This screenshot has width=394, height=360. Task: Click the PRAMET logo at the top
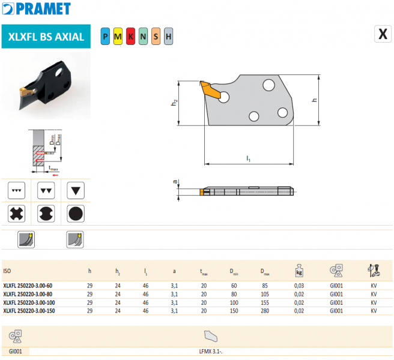pyautogui.click(x=37, y=9)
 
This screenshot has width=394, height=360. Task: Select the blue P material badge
pyautogui.click(x=105, y=37)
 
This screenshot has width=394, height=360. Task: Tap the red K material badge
pyautogui.click(x=130, y=37)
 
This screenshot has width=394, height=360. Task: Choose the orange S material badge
pyautogui.click(x=156, y=37)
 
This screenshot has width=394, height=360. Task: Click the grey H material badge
pyautogui.click(x=168, y=37)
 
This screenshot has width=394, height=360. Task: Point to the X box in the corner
pyautogui.click(x=383, y=34)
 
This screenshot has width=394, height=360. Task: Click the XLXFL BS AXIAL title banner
pyautogui.click(x=46, y=37)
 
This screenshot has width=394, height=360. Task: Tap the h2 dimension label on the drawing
pyautogui.click(x=174, y=103)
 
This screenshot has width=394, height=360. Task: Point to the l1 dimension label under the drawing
pyautogui.click(x=248, y=158)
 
